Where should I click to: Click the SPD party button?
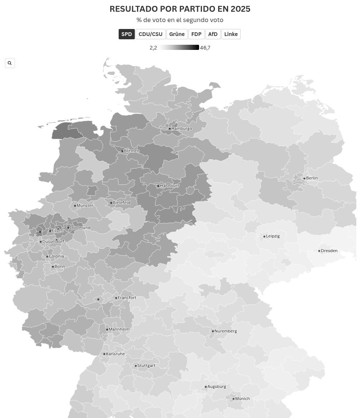coord(126,34)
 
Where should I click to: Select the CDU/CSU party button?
coord(150,34)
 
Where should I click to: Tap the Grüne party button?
coord(177,34)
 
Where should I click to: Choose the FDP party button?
coord(196,34)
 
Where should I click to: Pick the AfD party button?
coord(213,34)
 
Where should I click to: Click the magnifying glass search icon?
coord(10,63)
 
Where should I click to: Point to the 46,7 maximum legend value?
coord(205,48)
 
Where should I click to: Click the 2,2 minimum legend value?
coord(153,48)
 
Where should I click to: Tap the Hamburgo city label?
coord(181,129)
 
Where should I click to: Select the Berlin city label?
coord(312,178)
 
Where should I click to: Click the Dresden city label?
coord(329,251)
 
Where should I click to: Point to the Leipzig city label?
coord(273,236)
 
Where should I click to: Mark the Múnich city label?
coord(242,399)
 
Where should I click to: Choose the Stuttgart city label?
coord(146,366)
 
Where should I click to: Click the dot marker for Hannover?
coord(158,186)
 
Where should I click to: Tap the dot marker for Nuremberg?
coord(213,331)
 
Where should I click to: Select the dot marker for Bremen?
coord(122,151)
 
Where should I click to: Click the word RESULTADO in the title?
coord(134,9)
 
